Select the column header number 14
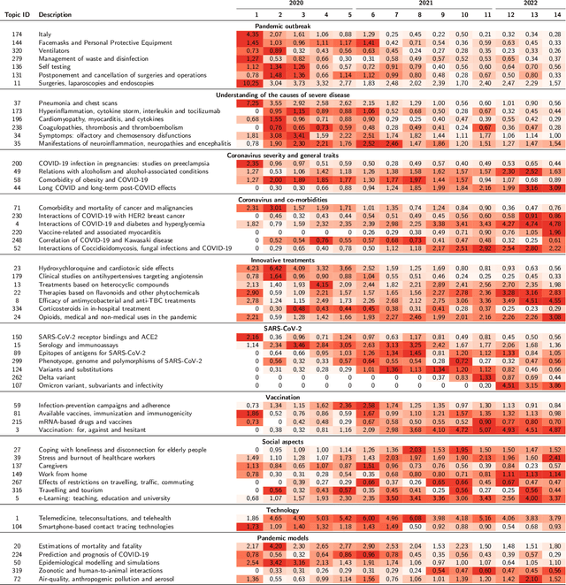click(553, 14)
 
